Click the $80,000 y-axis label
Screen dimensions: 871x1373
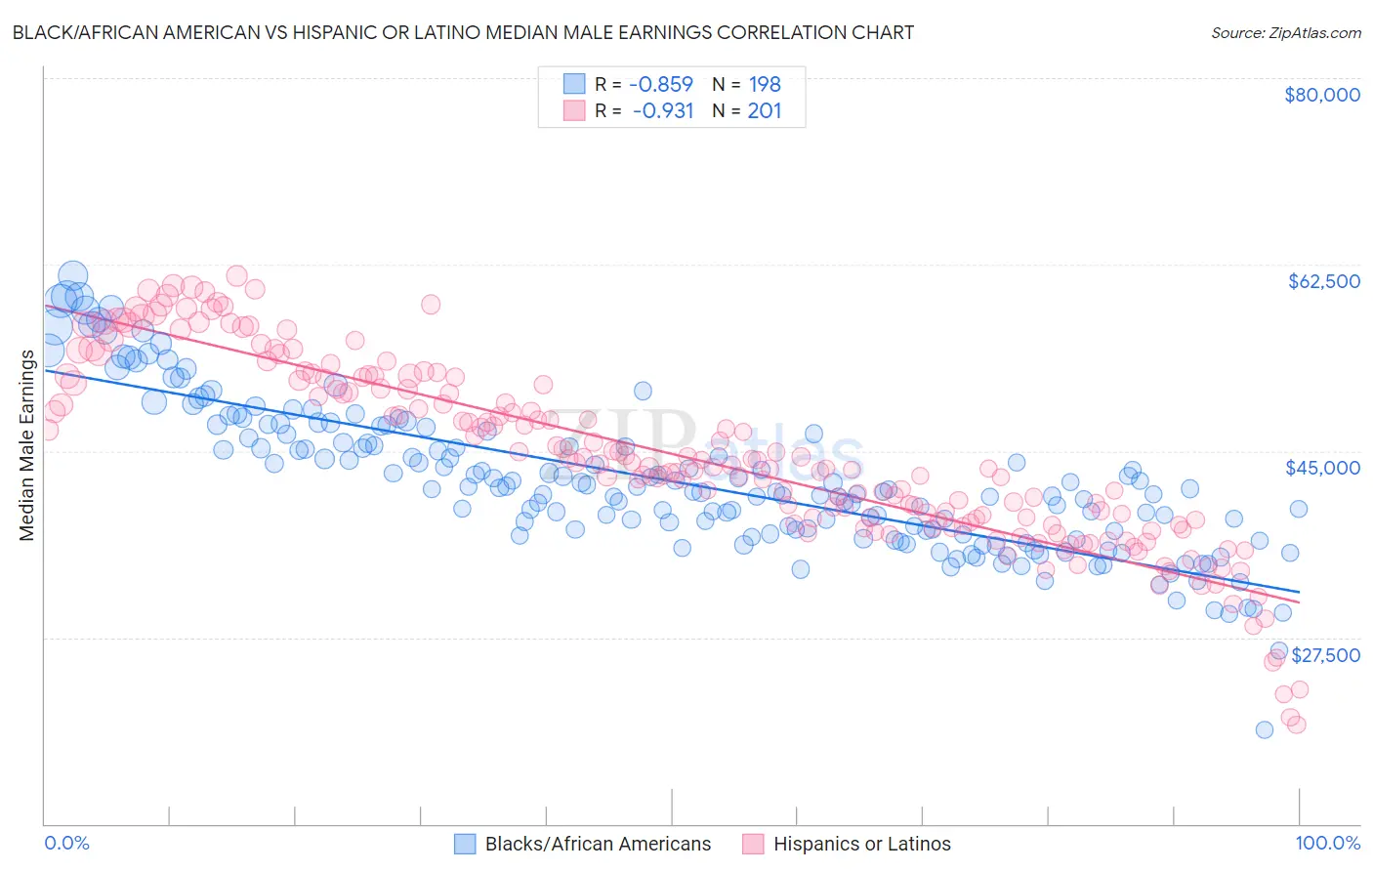[x=1321, y=95]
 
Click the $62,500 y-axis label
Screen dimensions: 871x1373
[x=1323, y=281]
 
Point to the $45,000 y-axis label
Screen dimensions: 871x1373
[x=1322, y=468]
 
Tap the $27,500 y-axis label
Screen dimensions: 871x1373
[x=1325, y=655]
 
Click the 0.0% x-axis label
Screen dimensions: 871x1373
[x=66, y=843]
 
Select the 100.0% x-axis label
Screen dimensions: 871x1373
[x=1327, y=843]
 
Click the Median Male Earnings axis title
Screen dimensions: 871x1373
[x=26, y=445]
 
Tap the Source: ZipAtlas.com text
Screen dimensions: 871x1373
[x=1285, y=32]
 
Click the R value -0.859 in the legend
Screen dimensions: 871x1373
[x=660, y=84]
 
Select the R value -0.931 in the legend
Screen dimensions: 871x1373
[x=662, y=110]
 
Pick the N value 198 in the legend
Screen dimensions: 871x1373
[x=765, y=84]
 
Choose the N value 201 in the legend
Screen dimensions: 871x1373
[x=765, y=110]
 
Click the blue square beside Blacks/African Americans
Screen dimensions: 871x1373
[x=465, y=844]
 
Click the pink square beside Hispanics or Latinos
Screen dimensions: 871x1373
[x=753, y=844]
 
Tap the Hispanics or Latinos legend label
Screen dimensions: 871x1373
[x=861, y=844]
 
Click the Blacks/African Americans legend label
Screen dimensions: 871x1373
[x=598, y=844]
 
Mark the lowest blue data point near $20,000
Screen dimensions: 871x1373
[x=1264, y=729]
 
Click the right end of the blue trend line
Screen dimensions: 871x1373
[x=1299, y=592]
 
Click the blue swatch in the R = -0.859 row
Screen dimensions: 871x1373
[x=574, y=84]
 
